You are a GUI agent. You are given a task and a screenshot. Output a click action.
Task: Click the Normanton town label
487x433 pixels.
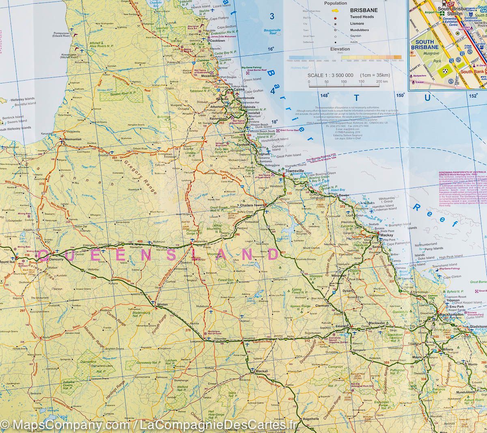73,139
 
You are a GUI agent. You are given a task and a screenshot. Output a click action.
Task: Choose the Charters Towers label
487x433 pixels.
252,205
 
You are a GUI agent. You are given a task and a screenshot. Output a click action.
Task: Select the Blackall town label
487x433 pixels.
262,371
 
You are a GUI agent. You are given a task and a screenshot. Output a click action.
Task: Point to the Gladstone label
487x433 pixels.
478,326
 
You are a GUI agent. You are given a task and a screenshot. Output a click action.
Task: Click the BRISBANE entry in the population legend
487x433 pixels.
364,10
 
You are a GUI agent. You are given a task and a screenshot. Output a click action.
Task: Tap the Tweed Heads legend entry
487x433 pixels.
362,17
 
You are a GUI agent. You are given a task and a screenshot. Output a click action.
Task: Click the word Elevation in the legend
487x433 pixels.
340,49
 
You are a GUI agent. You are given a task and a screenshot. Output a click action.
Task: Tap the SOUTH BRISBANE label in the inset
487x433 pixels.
425,45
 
